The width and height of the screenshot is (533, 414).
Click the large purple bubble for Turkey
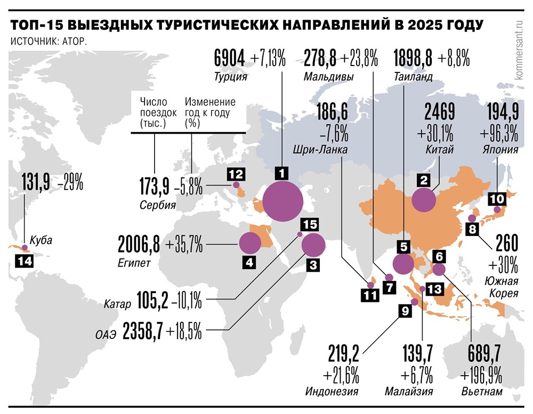point(283,201)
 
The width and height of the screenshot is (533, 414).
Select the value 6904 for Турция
point(230,58)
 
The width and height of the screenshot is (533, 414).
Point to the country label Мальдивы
point(328,77)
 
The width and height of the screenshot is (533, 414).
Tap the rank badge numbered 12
point(236,173)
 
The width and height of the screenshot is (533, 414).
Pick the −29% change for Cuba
point(71,182)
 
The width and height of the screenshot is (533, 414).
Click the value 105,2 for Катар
point(152,302)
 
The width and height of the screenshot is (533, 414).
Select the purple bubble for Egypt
point(250,243)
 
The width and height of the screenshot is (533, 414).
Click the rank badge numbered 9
point(403,311)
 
